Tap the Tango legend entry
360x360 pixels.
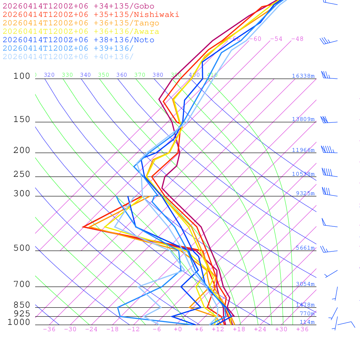(81, 23)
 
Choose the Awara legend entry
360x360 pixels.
(81, 32)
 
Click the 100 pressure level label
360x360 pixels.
(22, 76)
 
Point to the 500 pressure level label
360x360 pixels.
(22, 248)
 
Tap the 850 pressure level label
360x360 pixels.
(22, 305)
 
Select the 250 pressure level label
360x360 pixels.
(22, 174)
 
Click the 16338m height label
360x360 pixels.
(303, 76)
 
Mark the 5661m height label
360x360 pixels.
(305, 248)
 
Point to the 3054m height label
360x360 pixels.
(305, 284)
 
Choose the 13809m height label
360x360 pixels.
(303, 119)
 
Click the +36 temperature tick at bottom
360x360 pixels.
(302, 329)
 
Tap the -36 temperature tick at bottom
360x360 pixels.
(49, 329)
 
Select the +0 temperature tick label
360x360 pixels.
(178, 329)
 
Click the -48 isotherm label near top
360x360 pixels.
(297, 39)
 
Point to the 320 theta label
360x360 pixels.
(49, 75)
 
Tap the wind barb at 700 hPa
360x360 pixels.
(336, 294)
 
